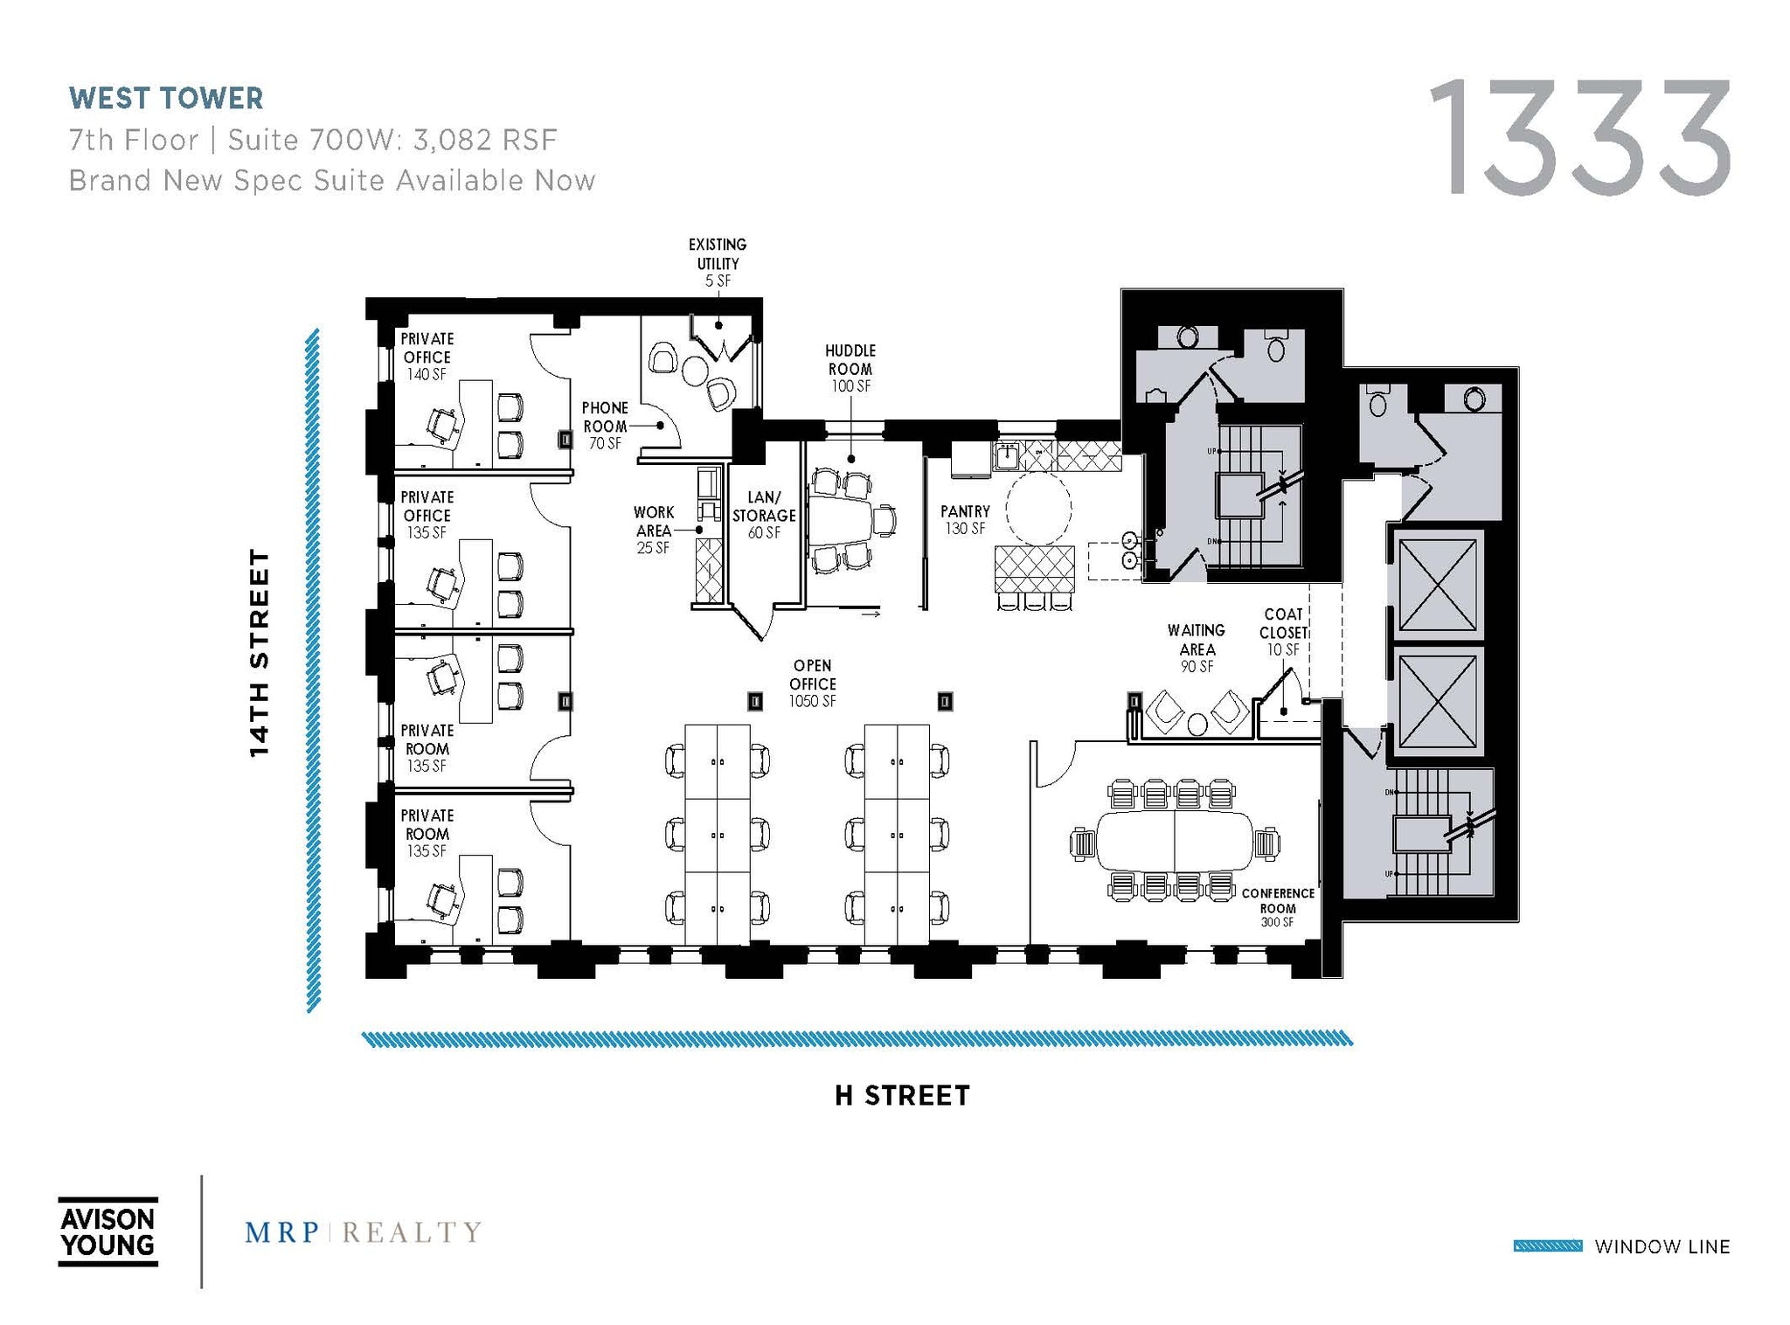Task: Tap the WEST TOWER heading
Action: [166, 98]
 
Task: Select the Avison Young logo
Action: [108, 1231]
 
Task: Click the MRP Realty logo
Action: [363, 1232]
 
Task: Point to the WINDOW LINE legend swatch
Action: [1547, 1245]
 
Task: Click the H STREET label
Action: [902, 1095]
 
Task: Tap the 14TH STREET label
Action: [260, 652]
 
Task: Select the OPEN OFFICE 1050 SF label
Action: [812, 683]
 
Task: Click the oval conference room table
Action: [1174, 840]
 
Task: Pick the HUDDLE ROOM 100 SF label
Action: [850, 368]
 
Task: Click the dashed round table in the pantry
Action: [1038, 509]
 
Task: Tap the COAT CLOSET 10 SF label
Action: [1282, 631]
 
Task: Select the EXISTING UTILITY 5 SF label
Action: [717, 262]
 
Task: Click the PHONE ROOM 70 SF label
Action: [605, 426]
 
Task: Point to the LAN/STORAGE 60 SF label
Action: [764, 515]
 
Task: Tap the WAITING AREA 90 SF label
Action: [1196, 648]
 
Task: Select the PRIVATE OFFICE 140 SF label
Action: [427, 356]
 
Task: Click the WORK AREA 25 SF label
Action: [653, 530]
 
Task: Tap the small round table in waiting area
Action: [1197, 724]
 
